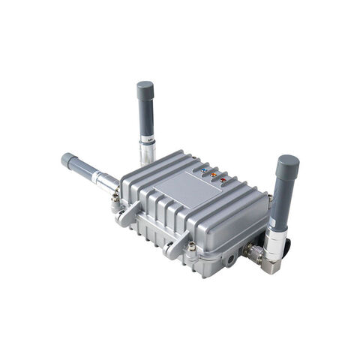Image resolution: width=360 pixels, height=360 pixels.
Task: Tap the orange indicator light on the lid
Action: click(214, 175)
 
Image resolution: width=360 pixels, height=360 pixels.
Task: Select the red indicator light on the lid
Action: click(223, 179)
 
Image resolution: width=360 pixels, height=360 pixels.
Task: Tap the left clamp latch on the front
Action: click(128, 214)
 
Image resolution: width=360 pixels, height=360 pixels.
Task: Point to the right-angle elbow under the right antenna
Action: click(271, 262)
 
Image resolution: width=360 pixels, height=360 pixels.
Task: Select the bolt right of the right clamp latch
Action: click(192, 247)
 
